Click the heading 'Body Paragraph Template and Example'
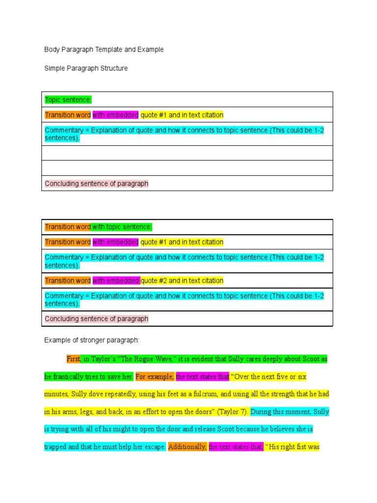coord(104,50)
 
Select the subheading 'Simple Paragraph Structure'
coord(86,68)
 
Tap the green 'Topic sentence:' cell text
coord(68,100)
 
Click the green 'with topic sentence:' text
coord(122,227)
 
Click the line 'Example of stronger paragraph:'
coord(92,340)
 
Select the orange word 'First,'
coord(74,359)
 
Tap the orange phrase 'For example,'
coord(155,377)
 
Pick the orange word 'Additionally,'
coord(188,447)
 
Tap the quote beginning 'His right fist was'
coord(294,447)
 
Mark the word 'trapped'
coord(54,447)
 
